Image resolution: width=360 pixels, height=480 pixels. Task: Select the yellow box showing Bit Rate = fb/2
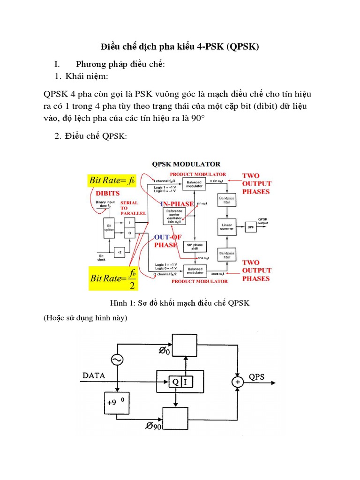[x=115, y=278]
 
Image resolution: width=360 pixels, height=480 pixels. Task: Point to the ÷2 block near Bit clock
[x=120, y=252]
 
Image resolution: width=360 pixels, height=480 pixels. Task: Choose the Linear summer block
[x=227, y=227]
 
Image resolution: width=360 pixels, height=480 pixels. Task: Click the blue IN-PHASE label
[x=177, y=204]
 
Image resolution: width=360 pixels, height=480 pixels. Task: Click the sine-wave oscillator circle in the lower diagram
[x=117, y=360]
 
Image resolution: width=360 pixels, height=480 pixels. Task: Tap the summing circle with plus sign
[x=238, y=382]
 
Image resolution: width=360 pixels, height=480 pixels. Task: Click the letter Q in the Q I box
[x=175, y=382]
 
